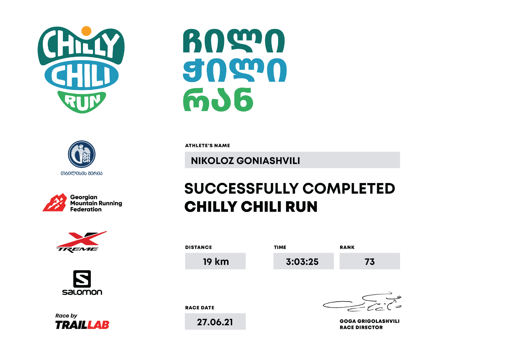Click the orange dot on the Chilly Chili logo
(86, 31)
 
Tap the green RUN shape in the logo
(82, 102)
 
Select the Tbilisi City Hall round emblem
(82, 154)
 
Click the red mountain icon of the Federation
(55, 203)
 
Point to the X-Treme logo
(81, 242)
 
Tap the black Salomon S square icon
(82, 279)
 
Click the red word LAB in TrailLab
(98, 325)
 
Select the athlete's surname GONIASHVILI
(268, 161)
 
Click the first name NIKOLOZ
(212, 161)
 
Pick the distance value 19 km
(216, 262)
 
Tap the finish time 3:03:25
(302, 262)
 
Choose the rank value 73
(370, 262)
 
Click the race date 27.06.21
(215, 322)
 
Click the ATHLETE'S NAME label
(207, 145)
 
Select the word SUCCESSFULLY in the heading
(242, 188)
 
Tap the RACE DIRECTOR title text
(361, 327)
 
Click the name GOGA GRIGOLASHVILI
(370, 321)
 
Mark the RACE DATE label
(200, 308)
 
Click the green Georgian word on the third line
(218, 100)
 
